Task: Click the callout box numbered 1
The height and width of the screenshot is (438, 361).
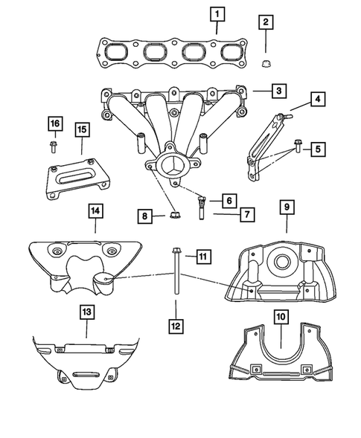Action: click(217, 13)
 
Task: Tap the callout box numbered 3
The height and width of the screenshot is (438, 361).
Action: click(277, 91)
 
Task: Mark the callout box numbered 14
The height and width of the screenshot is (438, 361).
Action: click(95, 212)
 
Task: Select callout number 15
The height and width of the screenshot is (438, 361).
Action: click(81, 129)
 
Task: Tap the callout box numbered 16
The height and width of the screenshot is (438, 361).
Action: click(54, 123)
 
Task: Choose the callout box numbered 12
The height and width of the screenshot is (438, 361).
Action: click(175, 324)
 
